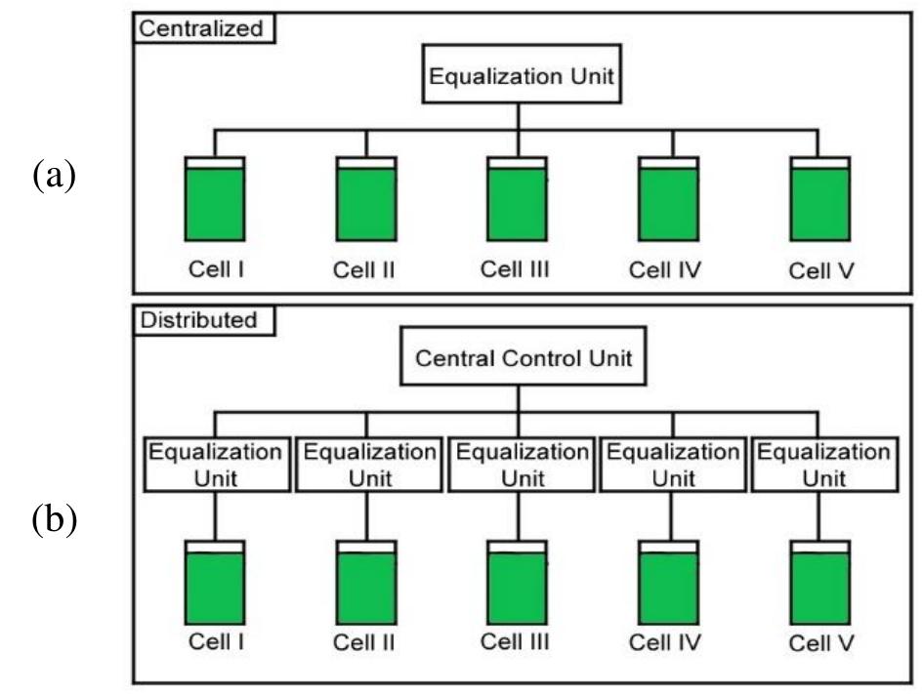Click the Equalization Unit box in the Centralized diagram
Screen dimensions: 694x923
(x=519, y=77)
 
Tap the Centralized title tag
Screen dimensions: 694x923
(x=202, y=28)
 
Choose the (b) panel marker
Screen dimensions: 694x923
(x=54, y=520)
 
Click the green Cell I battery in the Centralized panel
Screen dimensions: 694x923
(x=215, y=203)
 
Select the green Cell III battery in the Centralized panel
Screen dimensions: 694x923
(x=518, y=203)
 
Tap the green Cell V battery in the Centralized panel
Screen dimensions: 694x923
(x=819, y=203)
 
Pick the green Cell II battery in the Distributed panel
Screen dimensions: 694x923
(x=366, y=589)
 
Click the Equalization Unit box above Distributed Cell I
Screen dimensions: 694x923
(x=215, y=466)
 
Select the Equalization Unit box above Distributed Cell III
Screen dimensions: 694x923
(x=518, y=466)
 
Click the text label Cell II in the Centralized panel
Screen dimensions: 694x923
(x=365, y=270)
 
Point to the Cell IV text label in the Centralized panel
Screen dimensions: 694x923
(x=668, y=270)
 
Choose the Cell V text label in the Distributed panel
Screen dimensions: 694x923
(x=819, y=643)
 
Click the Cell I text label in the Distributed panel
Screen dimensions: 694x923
(x=215, y=642)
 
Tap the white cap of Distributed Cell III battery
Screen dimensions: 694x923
(x=518, y=546)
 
